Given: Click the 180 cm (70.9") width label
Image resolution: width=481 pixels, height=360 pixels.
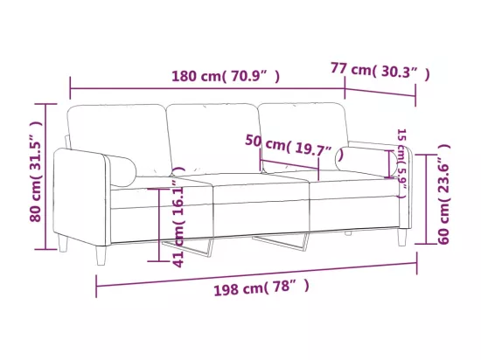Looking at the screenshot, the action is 226,77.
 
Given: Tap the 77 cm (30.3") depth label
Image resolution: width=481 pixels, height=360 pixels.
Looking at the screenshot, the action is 380,72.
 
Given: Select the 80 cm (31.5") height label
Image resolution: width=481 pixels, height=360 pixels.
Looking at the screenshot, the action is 36,171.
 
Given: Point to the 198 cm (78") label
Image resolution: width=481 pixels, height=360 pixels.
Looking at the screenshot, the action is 261,287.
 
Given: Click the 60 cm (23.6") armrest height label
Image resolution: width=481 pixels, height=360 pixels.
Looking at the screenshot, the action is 444,194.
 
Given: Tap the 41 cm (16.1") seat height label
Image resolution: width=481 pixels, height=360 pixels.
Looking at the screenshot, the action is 178,218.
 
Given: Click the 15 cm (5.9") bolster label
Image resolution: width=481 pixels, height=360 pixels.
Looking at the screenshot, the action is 401,163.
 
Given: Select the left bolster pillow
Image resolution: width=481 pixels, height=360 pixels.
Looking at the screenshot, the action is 121,170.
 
